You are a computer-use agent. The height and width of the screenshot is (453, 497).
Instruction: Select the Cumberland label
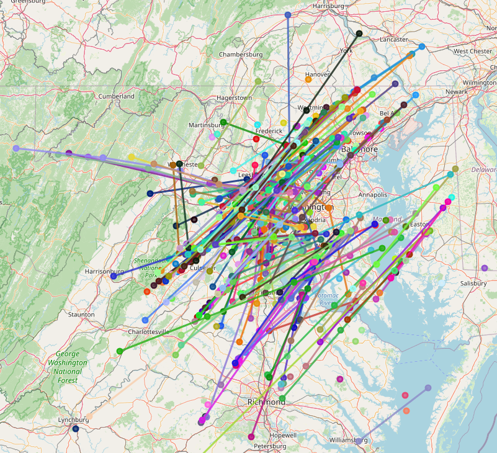116,97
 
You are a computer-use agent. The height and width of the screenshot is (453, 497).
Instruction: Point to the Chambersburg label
241,55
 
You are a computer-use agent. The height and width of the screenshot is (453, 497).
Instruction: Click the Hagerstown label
234,98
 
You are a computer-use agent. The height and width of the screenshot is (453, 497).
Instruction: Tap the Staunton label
81,315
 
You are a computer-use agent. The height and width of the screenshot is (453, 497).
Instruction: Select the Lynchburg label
73,420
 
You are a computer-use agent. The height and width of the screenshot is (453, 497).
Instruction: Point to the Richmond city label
267,402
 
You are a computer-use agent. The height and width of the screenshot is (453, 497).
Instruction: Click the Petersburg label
270,446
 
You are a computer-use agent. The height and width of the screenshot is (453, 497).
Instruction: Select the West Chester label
473,51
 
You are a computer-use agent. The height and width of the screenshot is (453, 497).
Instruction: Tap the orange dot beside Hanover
308,79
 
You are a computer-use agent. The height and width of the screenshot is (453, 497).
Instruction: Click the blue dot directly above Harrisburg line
288,14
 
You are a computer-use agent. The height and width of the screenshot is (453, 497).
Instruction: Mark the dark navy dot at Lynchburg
76,429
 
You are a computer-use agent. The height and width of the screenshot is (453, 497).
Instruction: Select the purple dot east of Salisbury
485,268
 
